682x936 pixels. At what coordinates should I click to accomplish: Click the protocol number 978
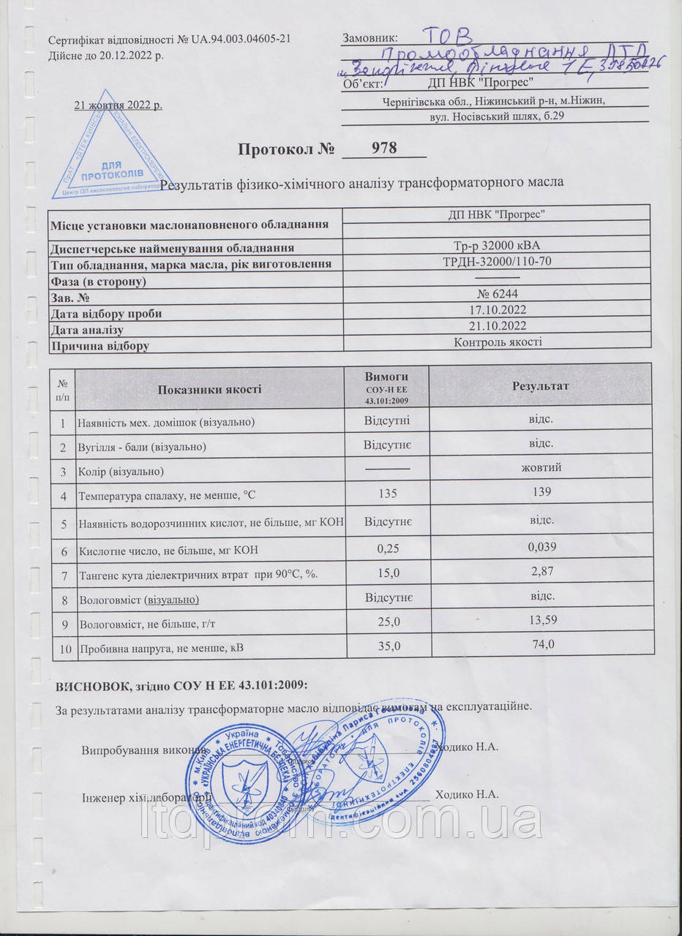tap(384, 148)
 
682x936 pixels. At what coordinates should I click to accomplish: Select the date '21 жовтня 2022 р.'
tap(119, 105)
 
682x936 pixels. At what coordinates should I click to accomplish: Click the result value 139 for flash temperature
tap(542, 492)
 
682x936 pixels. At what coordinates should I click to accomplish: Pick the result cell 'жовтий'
tap(541, 467)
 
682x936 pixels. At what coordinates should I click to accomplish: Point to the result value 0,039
tap(542, 546)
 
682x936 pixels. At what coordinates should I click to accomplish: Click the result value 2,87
tap(542, 571)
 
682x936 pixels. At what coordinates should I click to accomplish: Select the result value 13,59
tap(542, 620)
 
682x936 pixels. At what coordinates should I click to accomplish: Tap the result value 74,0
tap(542, 644)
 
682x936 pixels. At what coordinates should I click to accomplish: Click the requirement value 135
tap(387, 494)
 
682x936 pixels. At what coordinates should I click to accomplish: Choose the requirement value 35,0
tap(387, 646)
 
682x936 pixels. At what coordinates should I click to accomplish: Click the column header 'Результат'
tap(541, 385)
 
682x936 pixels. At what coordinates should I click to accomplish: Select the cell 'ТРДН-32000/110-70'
tap(498, 261)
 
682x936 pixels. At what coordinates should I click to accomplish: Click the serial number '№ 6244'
tap(498, 294)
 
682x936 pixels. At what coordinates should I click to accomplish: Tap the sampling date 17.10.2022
tap(498, 309)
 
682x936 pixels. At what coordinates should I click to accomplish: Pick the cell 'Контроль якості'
tap(498, 341)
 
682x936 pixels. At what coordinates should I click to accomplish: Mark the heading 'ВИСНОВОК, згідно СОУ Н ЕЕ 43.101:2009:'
tap(182, 685)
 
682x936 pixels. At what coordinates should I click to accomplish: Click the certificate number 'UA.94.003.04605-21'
tap(241, 39)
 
